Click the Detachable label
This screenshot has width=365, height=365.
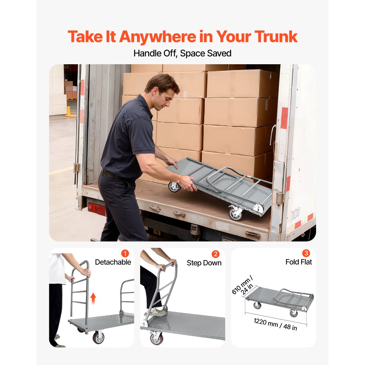point(113,262)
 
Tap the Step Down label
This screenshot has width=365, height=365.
point(204,263)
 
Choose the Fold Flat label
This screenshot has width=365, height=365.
point(299,262)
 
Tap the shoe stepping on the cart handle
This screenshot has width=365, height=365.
point(157,312)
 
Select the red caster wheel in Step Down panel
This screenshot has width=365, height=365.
point(157,338)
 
